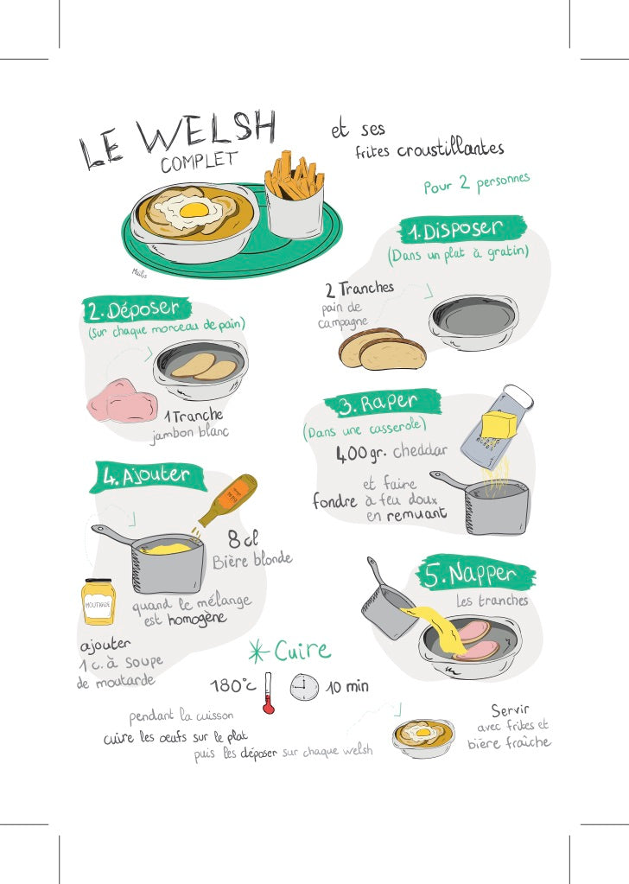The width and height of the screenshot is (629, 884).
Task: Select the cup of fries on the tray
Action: pyautogui.click(x=295, y=198)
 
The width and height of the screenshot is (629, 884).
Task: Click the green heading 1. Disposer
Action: pyautogui.click(x=463, y=230)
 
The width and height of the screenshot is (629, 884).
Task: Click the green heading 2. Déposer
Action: pyautogui.click(x=135, y=308)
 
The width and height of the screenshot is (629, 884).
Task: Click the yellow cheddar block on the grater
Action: pyautogui.click(x=499, y=425)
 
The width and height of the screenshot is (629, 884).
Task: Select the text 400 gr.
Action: pyautogui.click(x=361, y=452)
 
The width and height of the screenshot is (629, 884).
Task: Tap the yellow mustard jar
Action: pyautogui.click(x=98, y=601)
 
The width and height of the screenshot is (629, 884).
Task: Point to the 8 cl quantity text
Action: pyautogui.click(x=243, y=539)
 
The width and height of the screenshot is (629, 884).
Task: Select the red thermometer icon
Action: pyautogui.click(x=268, y=693)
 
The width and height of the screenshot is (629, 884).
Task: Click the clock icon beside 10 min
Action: pyautogui.click(x=304, y=688)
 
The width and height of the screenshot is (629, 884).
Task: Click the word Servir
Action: pyautogui.click(x=510, y=710)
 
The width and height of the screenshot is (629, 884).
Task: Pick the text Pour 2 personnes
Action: pyautogui.click(x=476, y=183)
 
